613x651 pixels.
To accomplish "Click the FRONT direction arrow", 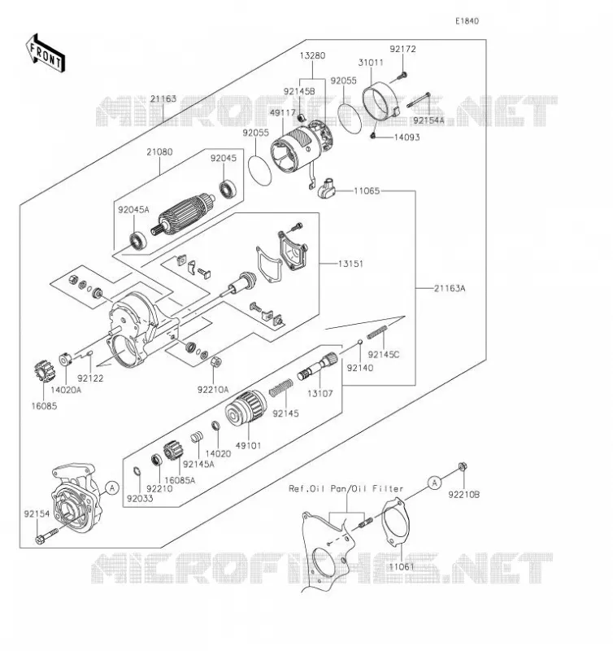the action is pos(45,53).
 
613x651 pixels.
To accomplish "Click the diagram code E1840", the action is pos(467,21).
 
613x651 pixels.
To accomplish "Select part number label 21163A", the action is pos(450,288).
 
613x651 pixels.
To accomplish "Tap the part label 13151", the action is pos(350,264).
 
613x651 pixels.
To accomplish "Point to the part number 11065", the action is pos(367,191).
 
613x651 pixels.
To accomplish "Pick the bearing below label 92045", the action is pos(228,190).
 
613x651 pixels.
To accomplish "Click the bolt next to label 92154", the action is pos(48,536).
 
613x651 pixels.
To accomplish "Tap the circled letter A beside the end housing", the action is pos(112,487).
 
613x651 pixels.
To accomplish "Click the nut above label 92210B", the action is pos(462,467).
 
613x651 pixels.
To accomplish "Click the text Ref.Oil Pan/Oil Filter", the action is pos(346,489).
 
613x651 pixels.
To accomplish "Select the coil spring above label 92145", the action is pos(280,387).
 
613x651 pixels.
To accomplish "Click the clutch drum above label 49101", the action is pos(246,408).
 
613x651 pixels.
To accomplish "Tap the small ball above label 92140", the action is pos(360,342).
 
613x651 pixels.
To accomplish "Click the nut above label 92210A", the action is pos(215,362).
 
